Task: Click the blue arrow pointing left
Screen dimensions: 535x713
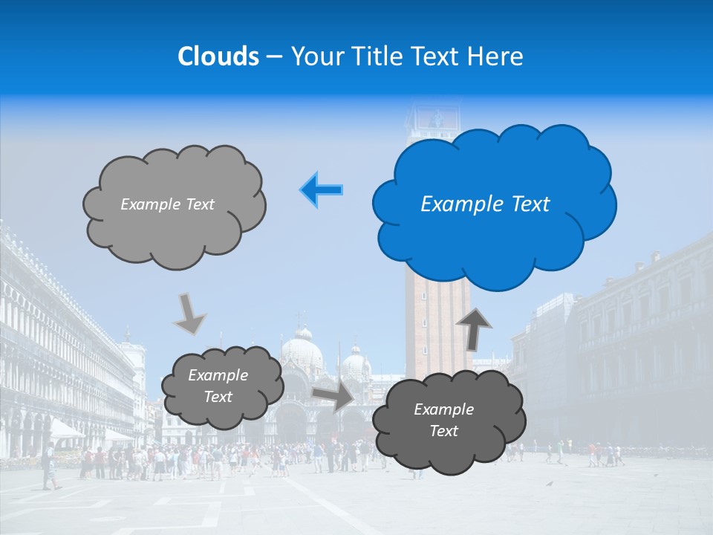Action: pos(322,190)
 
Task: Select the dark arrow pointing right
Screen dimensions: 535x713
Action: pos(333,396)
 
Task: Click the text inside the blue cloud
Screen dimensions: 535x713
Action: pos(485,204)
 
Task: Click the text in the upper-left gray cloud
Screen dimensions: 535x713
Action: pos(167,204)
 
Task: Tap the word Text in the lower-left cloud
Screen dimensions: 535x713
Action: pos(218,397)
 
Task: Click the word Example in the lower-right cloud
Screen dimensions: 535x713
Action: pos(443,409)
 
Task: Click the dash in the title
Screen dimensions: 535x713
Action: pos(274,57)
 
